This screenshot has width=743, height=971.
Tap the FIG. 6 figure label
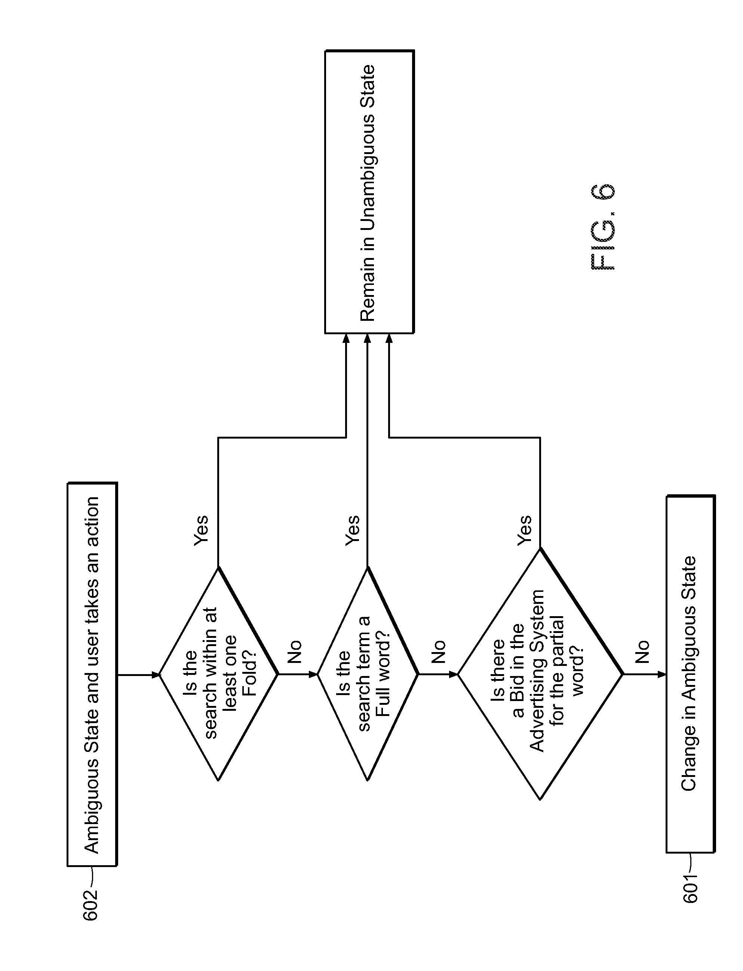coord(603,226)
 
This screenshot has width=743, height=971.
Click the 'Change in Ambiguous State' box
coord(690,674)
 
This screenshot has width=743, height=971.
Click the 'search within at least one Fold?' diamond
coord(218,674)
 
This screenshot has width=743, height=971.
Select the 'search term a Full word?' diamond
coord(368,674)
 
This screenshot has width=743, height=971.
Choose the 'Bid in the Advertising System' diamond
coord(540,674)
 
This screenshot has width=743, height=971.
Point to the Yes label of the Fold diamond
coord(201,530)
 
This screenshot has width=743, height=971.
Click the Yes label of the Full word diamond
coord(353,530)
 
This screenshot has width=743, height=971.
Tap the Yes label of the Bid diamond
coord(525,530)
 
